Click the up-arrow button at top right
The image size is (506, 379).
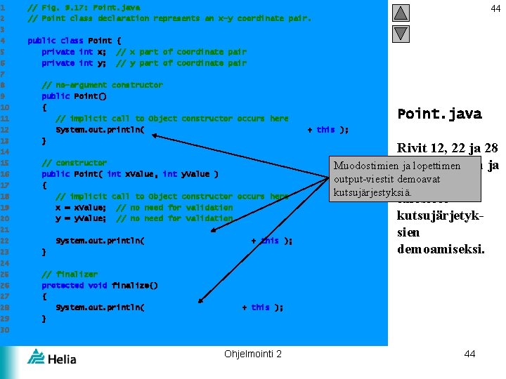[x=401, y=13]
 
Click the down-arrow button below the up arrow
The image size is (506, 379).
[x=401, y=33]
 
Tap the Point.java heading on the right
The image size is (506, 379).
[x=439, y=114]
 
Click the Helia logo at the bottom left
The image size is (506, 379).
[x=51, y=357]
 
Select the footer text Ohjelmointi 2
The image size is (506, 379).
[x=253, y=354]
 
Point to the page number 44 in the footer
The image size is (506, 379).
[x=469, y=354]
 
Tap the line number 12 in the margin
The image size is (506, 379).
[x=4, y=130]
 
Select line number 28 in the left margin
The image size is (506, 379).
[x=4, y=307]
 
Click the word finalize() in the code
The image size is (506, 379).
[x=134, y=286]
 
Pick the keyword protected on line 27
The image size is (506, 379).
[x=63, y=286]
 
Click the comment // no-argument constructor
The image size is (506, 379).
[x=102, y=85]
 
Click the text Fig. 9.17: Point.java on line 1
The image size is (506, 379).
[x=91, y=7]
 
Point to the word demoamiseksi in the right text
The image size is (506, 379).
[x=441, y=248]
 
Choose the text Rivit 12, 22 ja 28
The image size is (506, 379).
[x=447, y=148]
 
